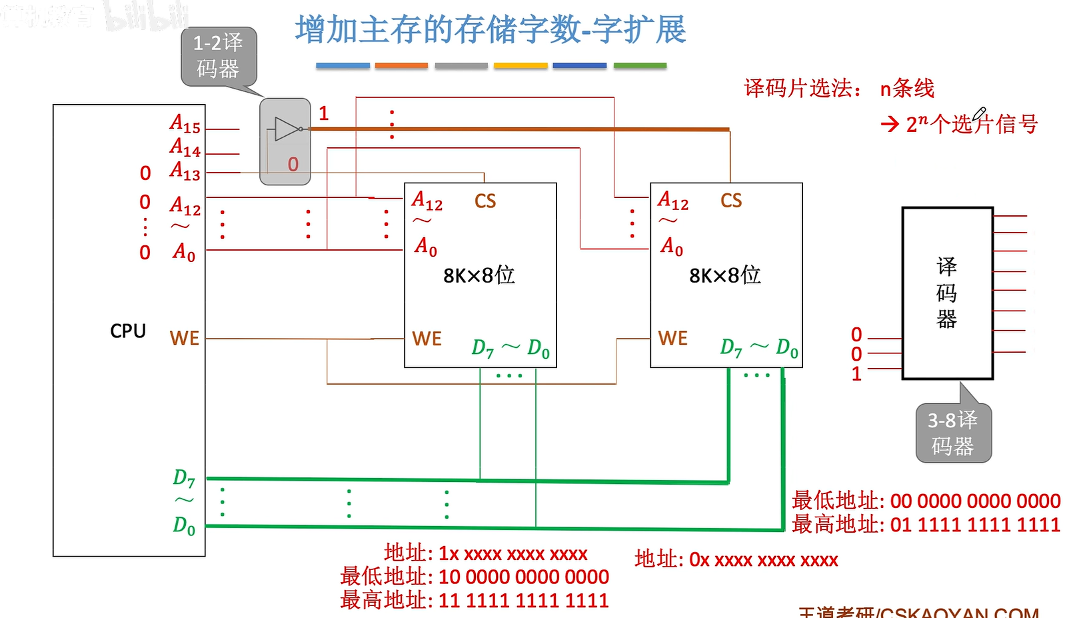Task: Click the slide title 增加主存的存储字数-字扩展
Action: (x=491, y=30)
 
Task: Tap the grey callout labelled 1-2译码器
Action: (x=218, y=56)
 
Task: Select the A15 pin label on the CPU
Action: (x=185, y=124)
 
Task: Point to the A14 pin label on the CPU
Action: (x=185, y=147)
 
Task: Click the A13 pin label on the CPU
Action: (x=185, y=171)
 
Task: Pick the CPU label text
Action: (x=128, y=331)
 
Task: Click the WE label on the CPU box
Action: (x=185, y=339)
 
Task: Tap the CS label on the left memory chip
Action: (x=485, y=201)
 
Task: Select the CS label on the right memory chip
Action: (x=731, y=201)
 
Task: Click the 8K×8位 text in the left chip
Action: (x=479, y=275)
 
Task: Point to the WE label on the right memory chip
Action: (x=672, y=339)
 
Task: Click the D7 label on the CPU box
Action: (x=184, y=478)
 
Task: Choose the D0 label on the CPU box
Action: (x=184, y=526)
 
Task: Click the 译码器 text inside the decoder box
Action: (x=946, y=293)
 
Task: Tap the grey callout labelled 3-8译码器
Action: (x=953, y=433)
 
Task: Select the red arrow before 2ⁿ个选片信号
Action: (x=890, y=124)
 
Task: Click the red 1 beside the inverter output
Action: (x=324, y=113)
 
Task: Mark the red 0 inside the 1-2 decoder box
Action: (x=293, y=165)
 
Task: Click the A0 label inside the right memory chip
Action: (x=671, y=247)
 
